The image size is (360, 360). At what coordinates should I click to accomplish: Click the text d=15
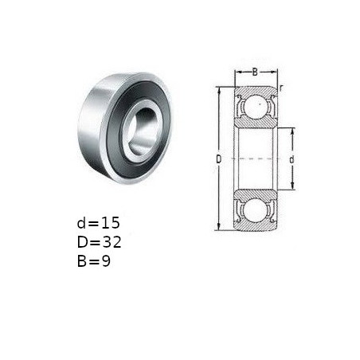[98, 223]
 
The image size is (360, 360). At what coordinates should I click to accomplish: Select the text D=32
[99, 242]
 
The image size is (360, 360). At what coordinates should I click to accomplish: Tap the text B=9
[94, 261]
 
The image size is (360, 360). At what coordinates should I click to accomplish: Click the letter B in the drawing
[255, 72]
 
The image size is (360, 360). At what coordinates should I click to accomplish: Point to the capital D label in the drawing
[218, 159]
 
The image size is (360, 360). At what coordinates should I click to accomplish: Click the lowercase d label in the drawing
[292, 159]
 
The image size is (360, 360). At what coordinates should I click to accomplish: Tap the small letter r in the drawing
[281, 88]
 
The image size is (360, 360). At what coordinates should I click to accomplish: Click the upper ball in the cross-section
[256, 106]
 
